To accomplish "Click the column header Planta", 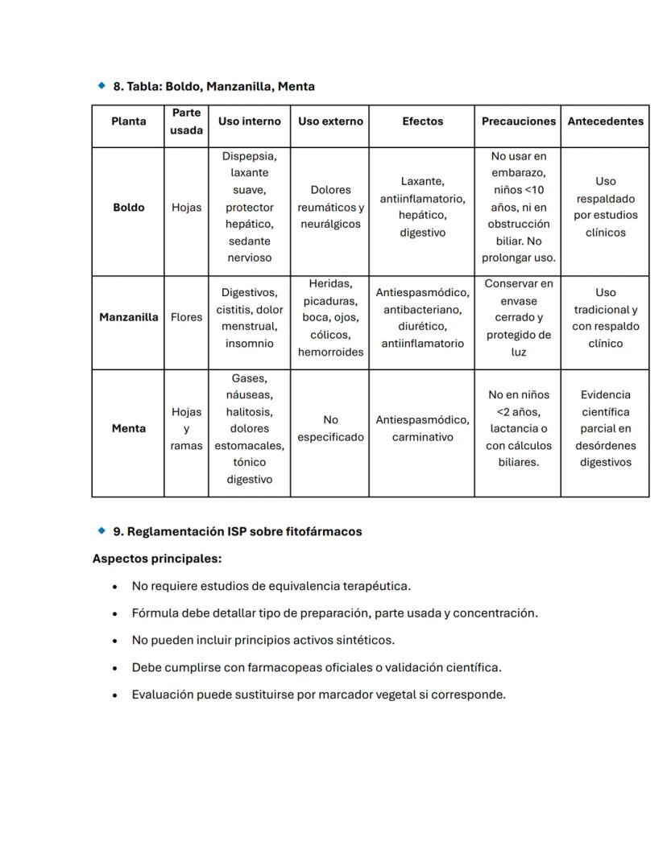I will pyautogui.click(x=128, y=122).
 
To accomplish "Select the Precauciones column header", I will pyautogui.click(x=518, y=122).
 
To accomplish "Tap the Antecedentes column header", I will pyautogui.click(x=605, y=122).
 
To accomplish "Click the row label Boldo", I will pyautogui.click(x=128, y=208).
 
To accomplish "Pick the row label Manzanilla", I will pyautogui.click(x=128, y=317).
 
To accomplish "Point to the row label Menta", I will pyautogui.click(x=128, y=429).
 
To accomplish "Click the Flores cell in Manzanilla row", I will pyautogui.click(x=186, y=317).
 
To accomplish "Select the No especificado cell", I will pyautogui.click(x=330, y=429).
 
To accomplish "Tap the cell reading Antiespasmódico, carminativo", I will pyautogui.click(x=422, y=429).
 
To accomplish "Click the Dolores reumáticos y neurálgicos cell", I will pyautogui.click(x=330, y=208).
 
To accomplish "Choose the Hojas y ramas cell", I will pyautogui.click(x=186, y=429).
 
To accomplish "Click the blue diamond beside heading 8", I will pyautogui.click(x=101, y=85).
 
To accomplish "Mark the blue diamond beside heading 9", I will pyautogui.click(x=101, y=531).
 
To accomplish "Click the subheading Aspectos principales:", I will pyautogui.click(x=157, y=559).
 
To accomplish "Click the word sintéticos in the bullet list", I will pyautogui.click(x=367, y=641).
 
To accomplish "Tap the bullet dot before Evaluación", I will pyautogui.click(x=116, y=695).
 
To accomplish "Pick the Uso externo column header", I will pyautogui.click(x=330, y=122).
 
